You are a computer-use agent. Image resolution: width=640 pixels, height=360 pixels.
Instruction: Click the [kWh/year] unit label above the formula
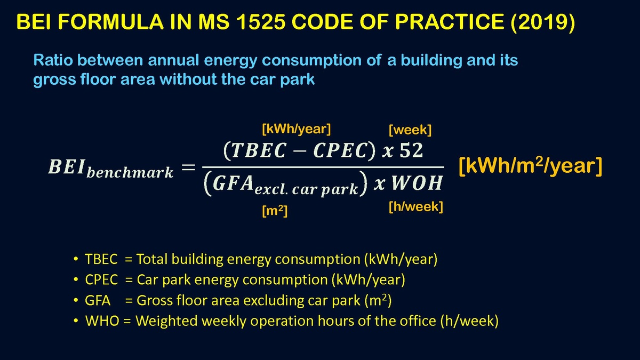(x=297, y=129)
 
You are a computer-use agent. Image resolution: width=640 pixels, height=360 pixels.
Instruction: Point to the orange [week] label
(x=410, y=130)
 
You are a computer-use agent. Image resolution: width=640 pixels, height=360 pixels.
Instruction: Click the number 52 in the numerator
(x=411, y=150)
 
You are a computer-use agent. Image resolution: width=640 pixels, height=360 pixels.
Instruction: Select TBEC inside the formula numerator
(x=258, y=150)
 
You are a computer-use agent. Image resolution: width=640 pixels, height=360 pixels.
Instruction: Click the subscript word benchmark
(x=130, y=172)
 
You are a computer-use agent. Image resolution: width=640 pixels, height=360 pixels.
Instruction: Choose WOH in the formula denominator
(x=417, y=183)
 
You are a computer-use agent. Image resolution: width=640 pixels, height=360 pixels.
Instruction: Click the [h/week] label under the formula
(x=415, y=206)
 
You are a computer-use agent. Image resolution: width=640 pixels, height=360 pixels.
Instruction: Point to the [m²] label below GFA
(x=275, y=211)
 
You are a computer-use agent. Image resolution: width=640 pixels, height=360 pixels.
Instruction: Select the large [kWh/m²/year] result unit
(x=531, y=166)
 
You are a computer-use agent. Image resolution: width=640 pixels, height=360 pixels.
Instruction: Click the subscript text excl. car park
(x=306, y=190)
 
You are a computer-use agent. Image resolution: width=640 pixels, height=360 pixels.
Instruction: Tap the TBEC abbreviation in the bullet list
(x=101, y=259)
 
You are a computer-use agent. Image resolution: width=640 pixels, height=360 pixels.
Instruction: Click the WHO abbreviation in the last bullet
(x=102, y=321)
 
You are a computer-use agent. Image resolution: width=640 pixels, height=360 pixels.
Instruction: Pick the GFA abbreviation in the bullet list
(x=98, y=300)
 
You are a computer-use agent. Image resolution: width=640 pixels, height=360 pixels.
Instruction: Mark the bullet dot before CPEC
(x=76, y=279)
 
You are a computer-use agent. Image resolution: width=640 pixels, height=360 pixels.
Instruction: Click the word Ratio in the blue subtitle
(x=53, y=60)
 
